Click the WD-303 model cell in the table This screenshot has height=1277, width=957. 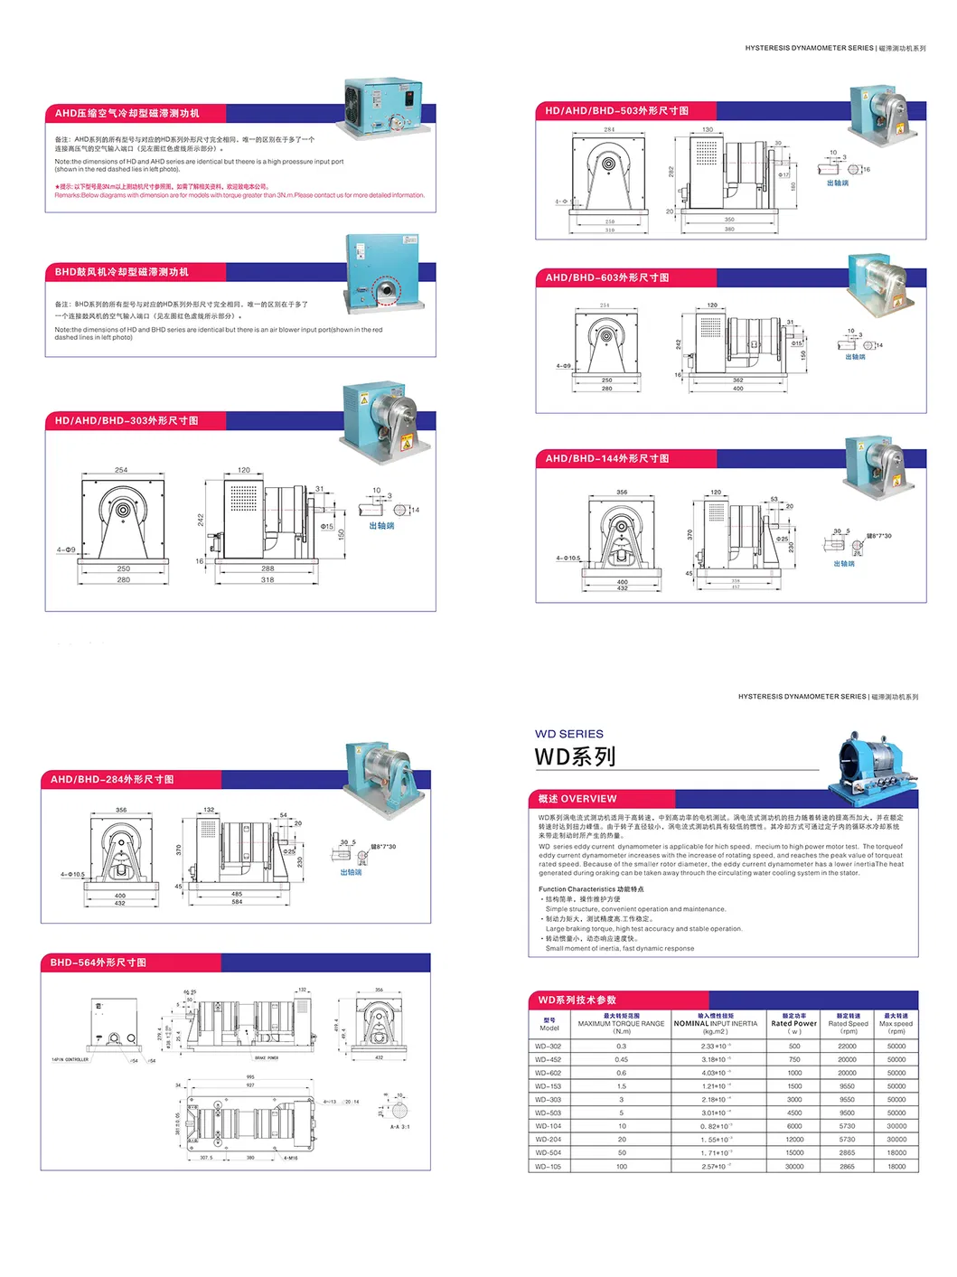click(x=548, y=1100)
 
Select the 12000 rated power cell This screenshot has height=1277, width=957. click(x=794, y=1140)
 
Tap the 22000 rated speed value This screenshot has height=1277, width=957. click(x=847, y=1047)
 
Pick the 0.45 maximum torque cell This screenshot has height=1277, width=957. click(x=622, y=1060)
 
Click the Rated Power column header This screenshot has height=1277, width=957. click(x=793, y=1024)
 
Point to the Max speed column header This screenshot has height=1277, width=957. click(x=896, y=1024)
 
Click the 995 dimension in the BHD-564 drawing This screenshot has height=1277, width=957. click(x=250, y=1077)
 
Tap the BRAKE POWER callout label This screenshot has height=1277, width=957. click(x=267, y=1057)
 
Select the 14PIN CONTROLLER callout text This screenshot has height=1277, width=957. click(x=70, y=1059)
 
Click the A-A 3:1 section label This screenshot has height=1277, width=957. click(x=399, y=1127)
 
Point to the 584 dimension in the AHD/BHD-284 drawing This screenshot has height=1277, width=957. click(x=237, y=902)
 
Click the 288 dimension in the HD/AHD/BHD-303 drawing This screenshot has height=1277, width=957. click(x=267, y=568)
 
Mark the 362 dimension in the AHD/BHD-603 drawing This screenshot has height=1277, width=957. click(x=737, y=380)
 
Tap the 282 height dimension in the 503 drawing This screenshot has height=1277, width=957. click(x=671, y=171)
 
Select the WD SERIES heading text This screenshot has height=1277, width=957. click(x=569, y=735)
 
